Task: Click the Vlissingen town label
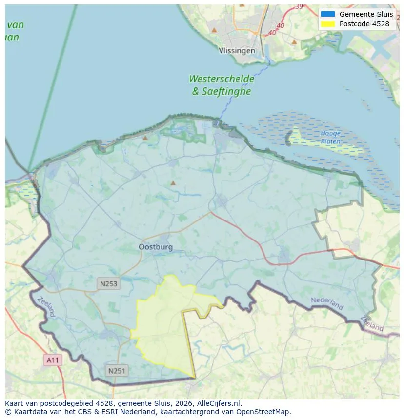click(237, 51)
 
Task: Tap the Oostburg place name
click(156, 247)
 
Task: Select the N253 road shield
click(108, 283)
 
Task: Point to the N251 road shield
click(117, 371)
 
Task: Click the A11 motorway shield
click(52, 360)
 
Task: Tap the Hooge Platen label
click(330, 137)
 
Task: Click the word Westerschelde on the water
click(222, 79)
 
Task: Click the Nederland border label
click(327, 303)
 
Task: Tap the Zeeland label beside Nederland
click(372, 323)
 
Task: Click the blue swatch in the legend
click(327, 14)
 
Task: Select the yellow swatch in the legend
click(327, 24)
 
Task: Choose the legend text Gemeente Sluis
click(366, 14)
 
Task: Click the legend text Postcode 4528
click(364, 24)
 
